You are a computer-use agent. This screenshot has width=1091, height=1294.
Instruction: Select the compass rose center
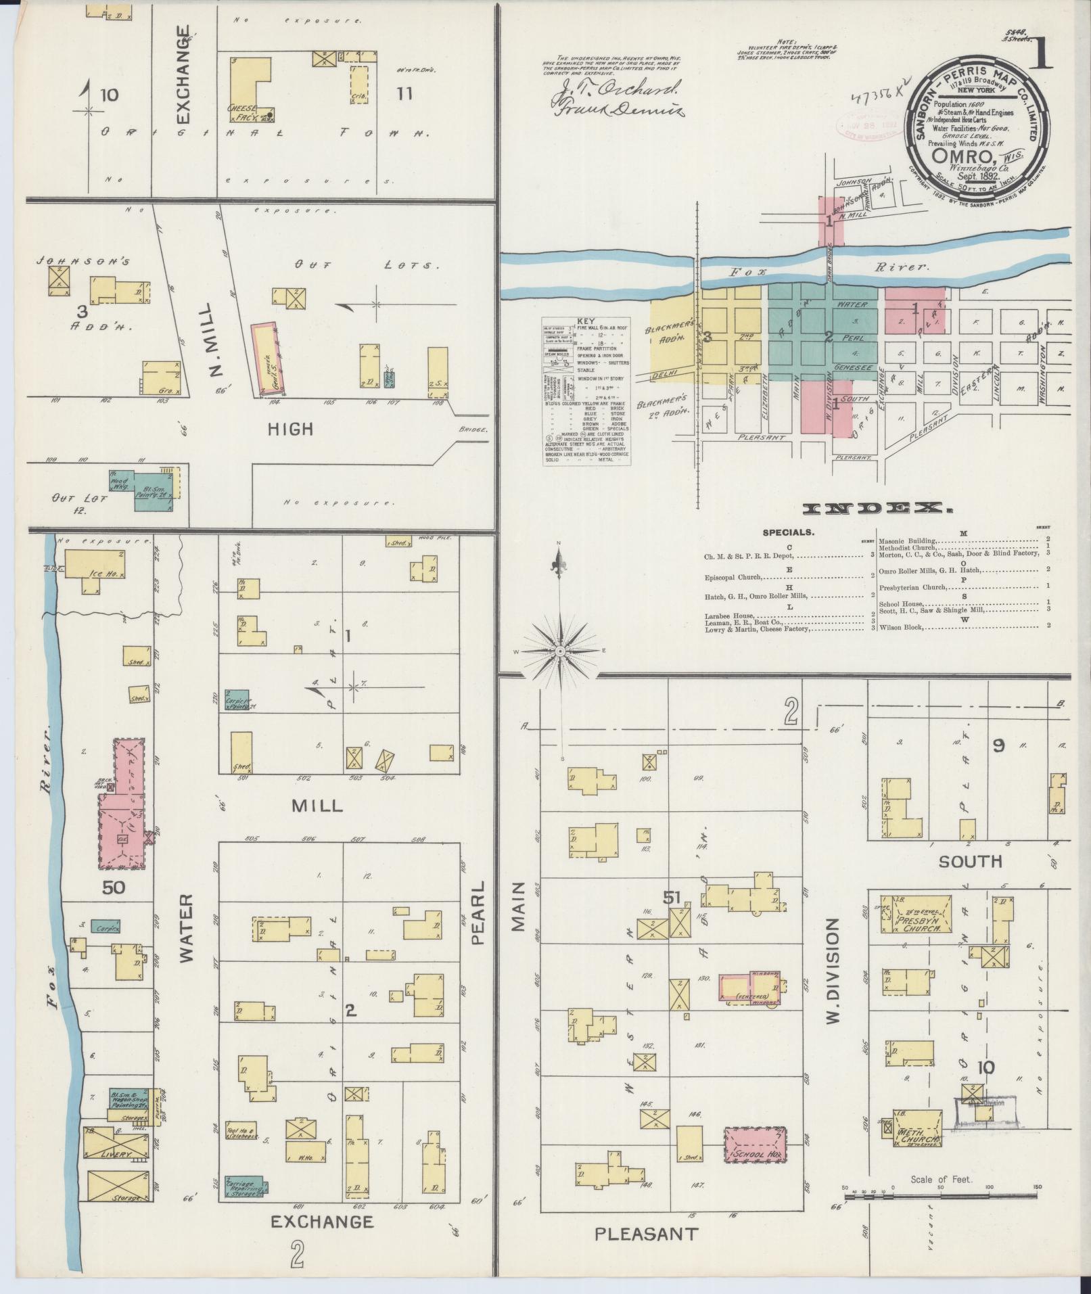560,651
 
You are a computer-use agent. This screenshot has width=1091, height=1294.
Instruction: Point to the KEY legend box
586,390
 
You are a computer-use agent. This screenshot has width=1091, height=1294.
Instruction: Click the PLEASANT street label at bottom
645,1234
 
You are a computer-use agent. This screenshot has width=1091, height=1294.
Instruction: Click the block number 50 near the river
114,887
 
